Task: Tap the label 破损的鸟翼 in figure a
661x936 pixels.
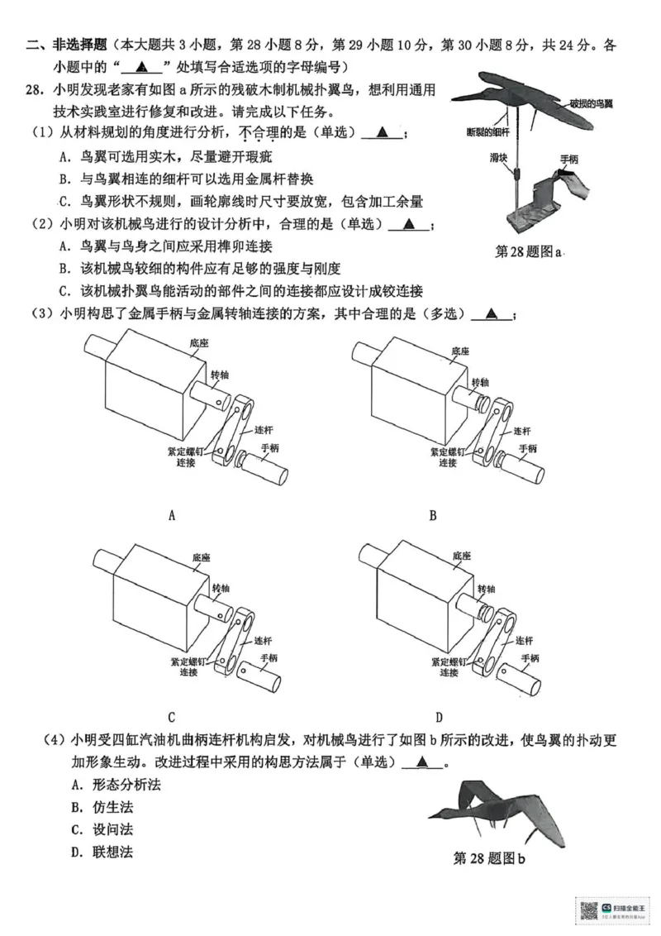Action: pyautogui.click(x=592, y=103)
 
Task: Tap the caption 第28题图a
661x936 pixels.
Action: pyautogui.click(x=529, y=251)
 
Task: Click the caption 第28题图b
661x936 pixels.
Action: pyautogui.click(x=489, y=858)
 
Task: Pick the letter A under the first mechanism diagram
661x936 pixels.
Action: pyautogui.click(x=172, y=516)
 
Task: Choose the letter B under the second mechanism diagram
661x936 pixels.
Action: pyautogui.click(x=432, y=516)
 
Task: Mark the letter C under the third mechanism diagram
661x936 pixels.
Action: pyautogui.click(x=171, y=717)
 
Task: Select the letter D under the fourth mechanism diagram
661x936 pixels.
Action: pyautogui.click(x=439, y=717)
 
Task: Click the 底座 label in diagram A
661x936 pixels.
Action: pyautogui.click(x=197, y=341)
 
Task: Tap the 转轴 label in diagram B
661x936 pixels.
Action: pyautogui.click(x=480, y=382)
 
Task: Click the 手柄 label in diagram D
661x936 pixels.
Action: pyautogui.click(x=529, y=658)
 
